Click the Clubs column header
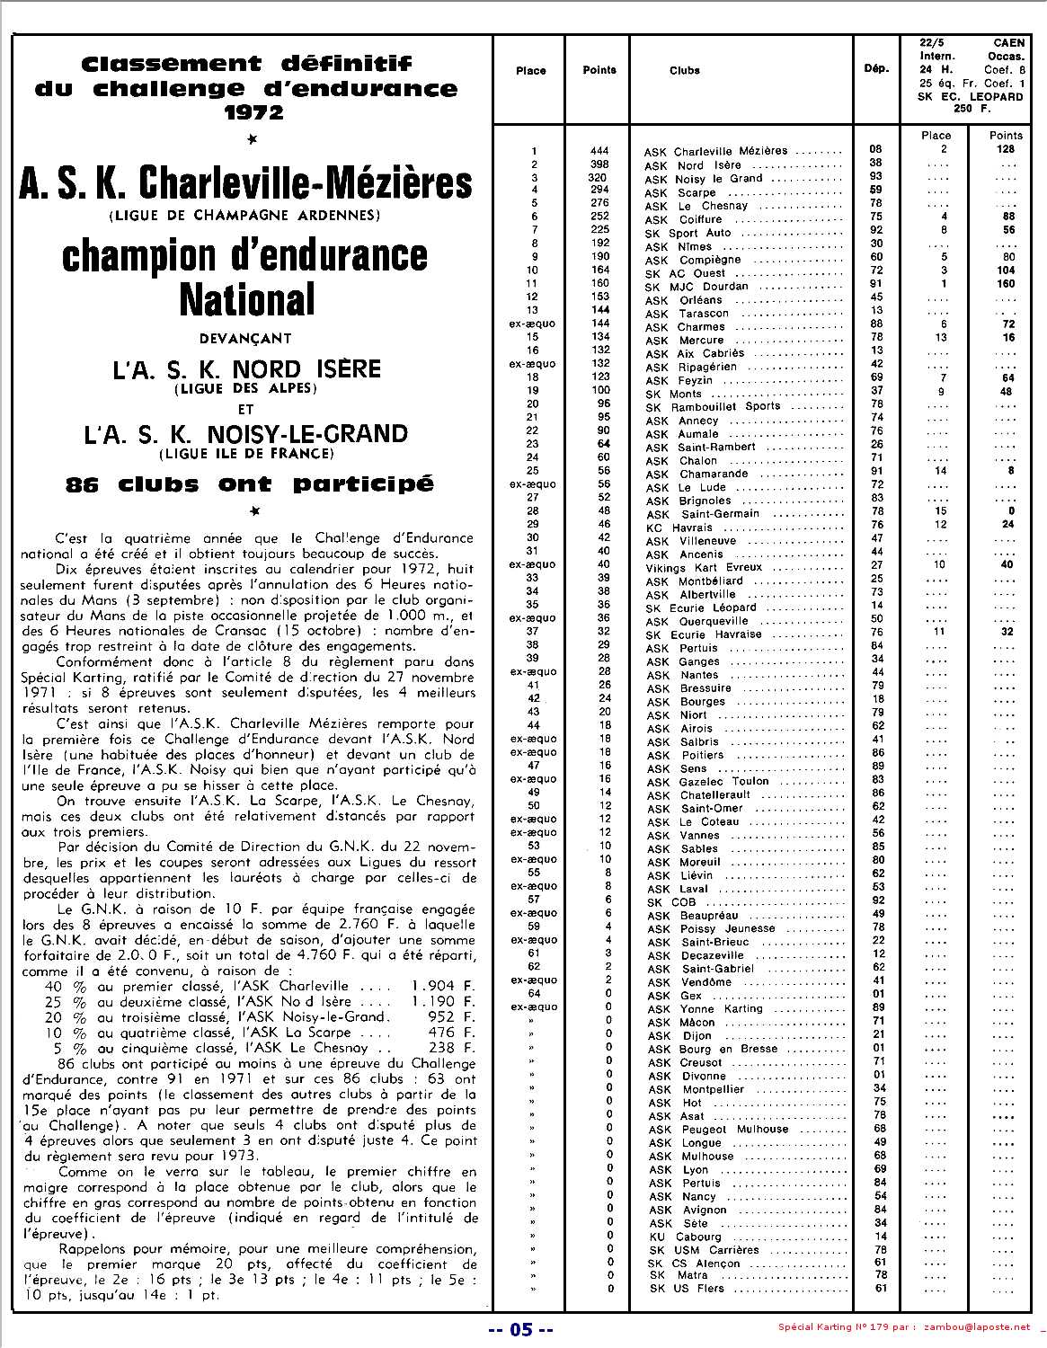pos(685,70)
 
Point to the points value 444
pos(599,151)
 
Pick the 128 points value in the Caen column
pos(1006,149)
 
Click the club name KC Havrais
pos(679,528)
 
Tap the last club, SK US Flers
pos(687,1289)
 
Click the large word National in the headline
pos(247,299)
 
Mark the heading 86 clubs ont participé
pos(249,484)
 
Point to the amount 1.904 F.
pos(442,986)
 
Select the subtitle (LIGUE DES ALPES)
pos(246,388)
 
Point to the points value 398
pos(599,164)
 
